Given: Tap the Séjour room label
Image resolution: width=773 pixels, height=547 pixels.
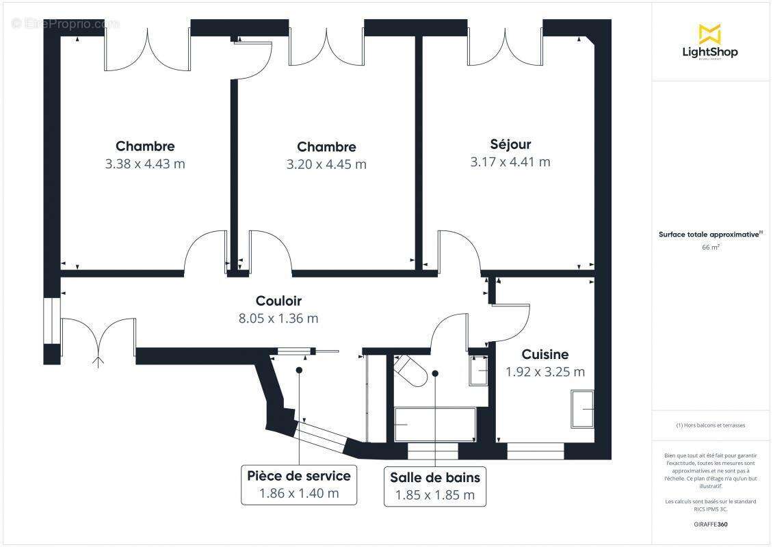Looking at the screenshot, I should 510,144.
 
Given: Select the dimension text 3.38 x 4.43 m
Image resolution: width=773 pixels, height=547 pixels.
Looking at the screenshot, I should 145,164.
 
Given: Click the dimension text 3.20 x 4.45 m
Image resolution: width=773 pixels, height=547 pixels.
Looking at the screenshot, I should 326,165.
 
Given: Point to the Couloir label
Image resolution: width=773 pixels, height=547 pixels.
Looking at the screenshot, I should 278,301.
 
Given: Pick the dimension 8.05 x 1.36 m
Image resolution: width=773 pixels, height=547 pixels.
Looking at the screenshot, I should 278,319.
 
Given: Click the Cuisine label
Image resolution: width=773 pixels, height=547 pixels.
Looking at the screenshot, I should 545,354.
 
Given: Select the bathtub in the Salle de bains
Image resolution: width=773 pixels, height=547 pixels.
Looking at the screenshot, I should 435,424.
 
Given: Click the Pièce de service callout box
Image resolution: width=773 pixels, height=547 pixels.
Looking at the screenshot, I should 299,484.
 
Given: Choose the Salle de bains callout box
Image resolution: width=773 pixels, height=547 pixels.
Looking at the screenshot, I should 435,486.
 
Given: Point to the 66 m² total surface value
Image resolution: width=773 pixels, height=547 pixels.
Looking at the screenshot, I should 709,248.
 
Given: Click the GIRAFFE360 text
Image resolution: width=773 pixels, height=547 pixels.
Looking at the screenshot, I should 709,523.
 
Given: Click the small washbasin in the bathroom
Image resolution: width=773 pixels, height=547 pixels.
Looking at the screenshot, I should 477,371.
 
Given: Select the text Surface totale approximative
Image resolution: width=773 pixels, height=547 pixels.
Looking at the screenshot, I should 709,234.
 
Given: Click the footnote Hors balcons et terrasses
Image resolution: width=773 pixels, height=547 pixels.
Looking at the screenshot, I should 710,425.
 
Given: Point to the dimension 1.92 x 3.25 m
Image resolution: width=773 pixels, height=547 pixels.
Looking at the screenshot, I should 545,373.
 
